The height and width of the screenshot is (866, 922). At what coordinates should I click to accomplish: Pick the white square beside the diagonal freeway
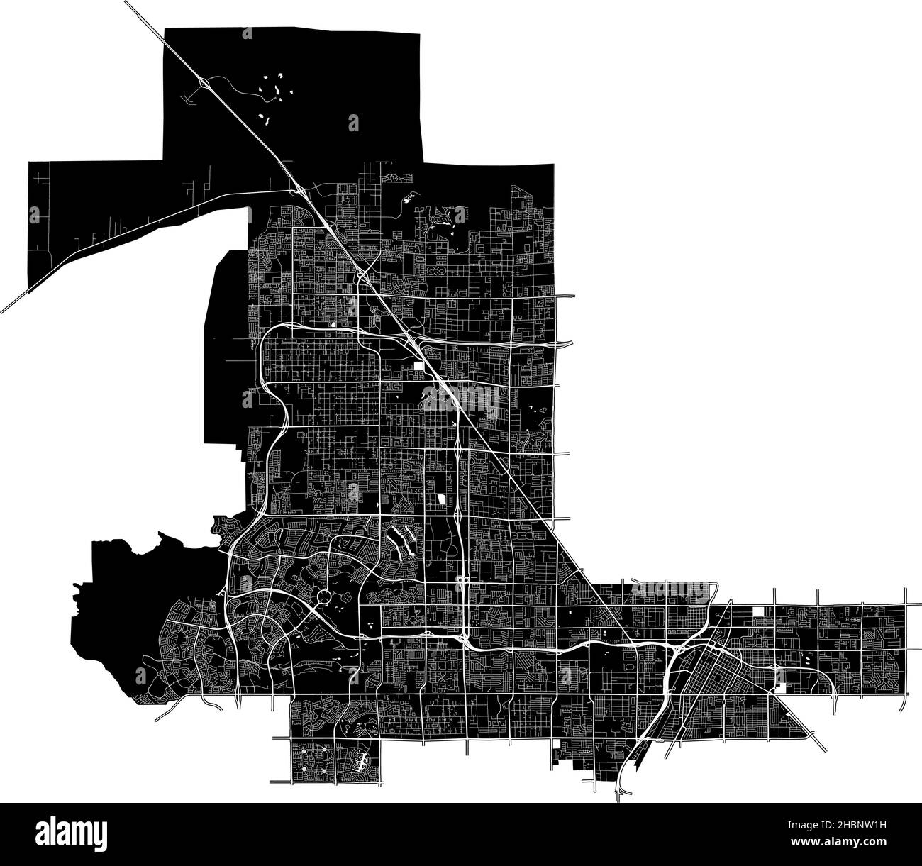point(419,366)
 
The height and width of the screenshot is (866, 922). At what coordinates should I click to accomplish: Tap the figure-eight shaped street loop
point(434,271)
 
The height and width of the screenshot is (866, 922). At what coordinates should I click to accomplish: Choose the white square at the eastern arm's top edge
point(760,612)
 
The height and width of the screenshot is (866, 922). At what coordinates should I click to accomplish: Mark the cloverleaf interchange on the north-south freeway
point(461,582)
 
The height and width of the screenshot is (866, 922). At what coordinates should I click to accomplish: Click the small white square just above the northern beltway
point(332,325)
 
